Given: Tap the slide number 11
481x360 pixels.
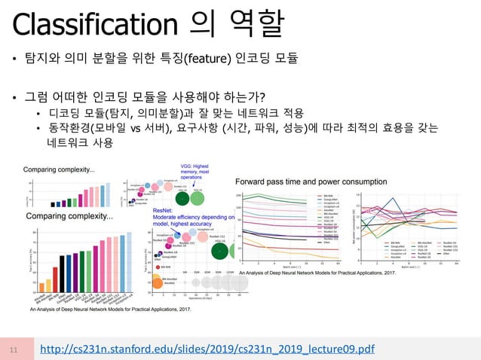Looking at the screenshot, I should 14,349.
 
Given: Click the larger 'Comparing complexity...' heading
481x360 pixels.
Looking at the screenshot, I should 69,217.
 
